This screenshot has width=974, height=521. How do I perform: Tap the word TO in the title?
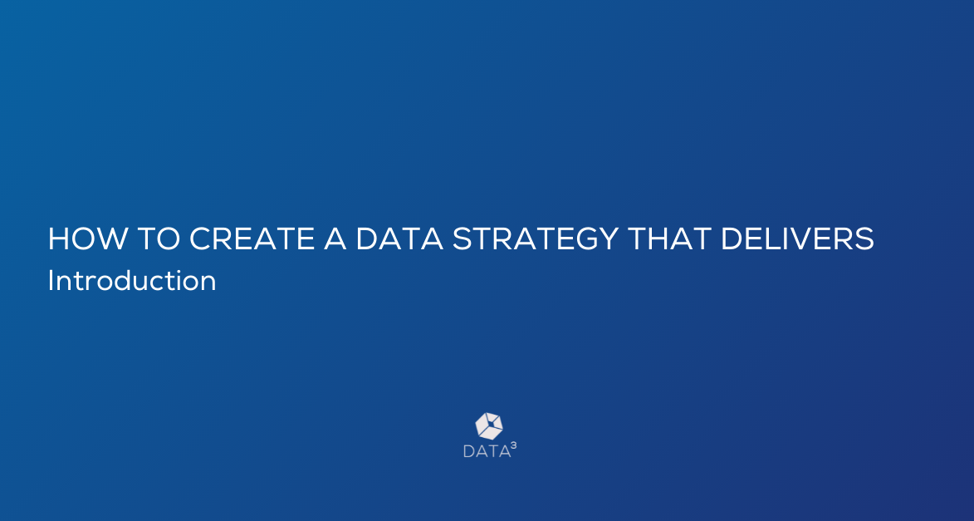[159, 238]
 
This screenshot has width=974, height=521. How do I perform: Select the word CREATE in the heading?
[252, 238]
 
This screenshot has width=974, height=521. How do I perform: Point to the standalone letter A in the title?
[335, 238]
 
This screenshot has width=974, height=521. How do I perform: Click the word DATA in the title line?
[399, 238]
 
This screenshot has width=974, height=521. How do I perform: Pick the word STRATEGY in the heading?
[536, 238]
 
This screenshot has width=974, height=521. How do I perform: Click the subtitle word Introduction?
[132, 280]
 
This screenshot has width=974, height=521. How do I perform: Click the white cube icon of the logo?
[489, 426]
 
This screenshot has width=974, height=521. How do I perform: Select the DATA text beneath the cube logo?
[487, 451]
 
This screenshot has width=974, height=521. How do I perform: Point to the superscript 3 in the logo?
[513, 445]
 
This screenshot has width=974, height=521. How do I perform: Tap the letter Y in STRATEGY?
[608, 238]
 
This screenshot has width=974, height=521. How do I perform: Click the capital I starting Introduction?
[51, 280]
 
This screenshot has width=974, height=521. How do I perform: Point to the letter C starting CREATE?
[200, 238]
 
